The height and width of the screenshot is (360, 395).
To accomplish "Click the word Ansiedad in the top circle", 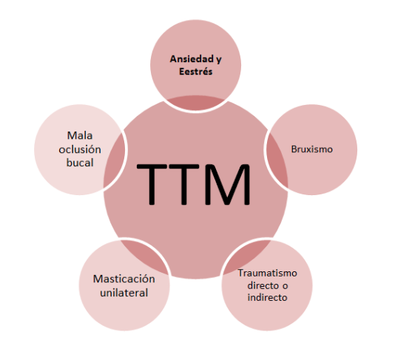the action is [x=192, y=59].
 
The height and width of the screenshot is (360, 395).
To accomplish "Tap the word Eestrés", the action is [x=196, y=72].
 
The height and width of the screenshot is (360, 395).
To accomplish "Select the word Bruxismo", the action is [x=312, y=149].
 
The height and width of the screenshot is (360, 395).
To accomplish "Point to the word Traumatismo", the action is [x=268, y=274].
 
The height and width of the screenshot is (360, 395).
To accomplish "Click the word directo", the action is [x=263, y=285].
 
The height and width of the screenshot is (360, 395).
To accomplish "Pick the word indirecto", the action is [x=267, y=298].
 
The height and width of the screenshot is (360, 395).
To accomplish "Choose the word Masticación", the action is [x=124, y=279].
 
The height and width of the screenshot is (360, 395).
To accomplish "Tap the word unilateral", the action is [x=124, y=293].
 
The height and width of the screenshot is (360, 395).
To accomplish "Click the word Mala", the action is [x=80, y=136].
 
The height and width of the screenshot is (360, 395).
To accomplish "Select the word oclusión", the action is [x=80, y=149].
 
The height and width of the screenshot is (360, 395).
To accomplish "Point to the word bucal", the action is [x=80, y=163].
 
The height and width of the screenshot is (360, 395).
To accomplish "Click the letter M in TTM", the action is [x=228, y=184].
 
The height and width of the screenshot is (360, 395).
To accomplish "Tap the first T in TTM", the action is [x=152, y=184].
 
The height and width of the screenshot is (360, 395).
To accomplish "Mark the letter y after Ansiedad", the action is [x=218, y=60].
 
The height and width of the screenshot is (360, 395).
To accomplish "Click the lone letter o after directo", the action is [x=285, y=286].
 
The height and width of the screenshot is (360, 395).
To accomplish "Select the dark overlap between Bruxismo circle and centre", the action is [x=276, y=161].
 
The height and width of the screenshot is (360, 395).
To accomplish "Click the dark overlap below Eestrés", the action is [x=196, y=103].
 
